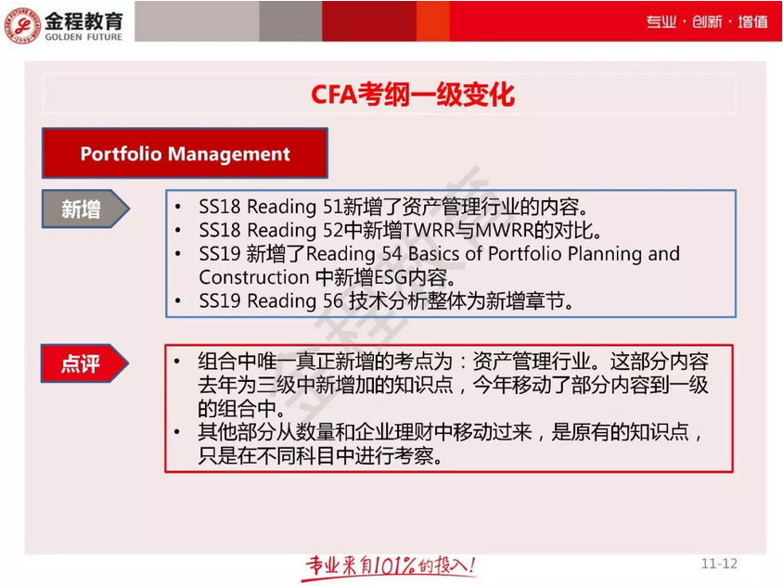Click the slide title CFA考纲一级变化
[412, 96]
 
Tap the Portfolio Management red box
[185, 154]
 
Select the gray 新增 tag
[83, 210]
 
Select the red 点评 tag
[83, 364]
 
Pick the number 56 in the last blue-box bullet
[332, 301]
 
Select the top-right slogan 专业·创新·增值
[707, 21]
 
